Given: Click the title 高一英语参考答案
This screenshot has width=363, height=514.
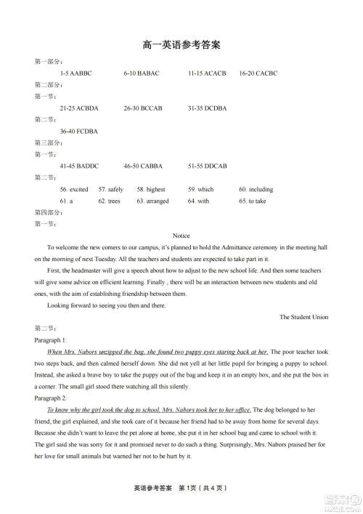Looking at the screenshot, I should [181, 45].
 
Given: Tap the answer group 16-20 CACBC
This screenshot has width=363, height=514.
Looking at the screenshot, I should [258, 73].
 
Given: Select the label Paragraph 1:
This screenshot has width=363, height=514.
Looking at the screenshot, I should [51, 340].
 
